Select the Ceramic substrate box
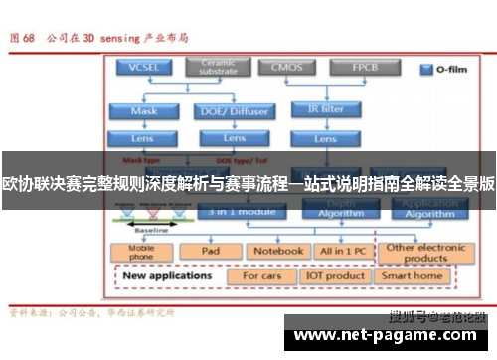(x=219, y=68)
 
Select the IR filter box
(x=325, y=110)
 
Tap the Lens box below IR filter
(x=325, y=137)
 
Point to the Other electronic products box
(x=426, y=251)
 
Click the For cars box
(x=262, y=275)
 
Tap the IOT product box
(x=338, y=275)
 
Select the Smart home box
(x=412, y=275)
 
